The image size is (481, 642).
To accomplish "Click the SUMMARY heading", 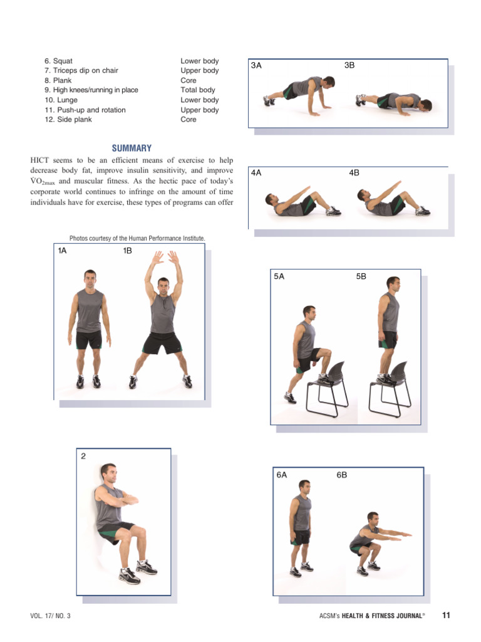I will pyautogui.click(x=132, y=149).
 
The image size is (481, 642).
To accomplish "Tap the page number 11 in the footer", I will pyautogui.click(x=446, y=615).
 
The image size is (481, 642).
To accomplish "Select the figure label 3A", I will pyautogui.click(x=256, y=65).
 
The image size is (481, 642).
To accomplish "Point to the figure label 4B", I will pyautogui.click(x=354, y=173).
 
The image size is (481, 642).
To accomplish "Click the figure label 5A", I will pyautogui.click(x=279, y=276).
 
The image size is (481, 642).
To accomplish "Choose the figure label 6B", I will pyautogui.click(x=341, y=475).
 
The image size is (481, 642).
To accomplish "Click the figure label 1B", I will pyautogui.click(x=128, y=251).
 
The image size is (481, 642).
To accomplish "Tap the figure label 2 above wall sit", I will pyautogui.click(x=83, y=456).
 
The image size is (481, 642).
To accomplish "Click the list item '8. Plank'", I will pyautogui.click(x=58, y=80).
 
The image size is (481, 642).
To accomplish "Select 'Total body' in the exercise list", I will pyautogui.click(x=198, y=90).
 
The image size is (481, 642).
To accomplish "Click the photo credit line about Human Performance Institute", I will pyautogui.click(x=137, y=238).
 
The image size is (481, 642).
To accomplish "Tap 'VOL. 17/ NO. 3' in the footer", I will pyautogui.click(x=50, y=616).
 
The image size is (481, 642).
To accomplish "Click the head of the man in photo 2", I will pyautogui.click(x=108, y=473).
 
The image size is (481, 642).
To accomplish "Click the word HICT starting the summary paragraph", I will pyautogui.click(x=40, y=160).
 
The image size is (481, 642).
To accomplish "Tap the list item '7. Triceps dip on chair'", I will pyautogui.click(x=81, y=71).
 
